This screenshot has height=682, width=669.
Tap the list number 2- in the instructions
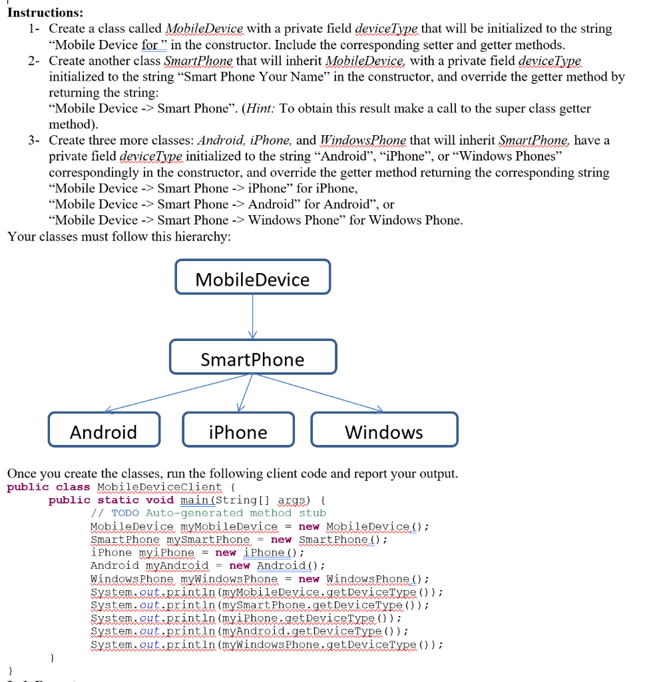click(35, 61)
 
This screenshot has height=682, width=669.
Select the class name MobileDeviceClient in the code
click(160, 487)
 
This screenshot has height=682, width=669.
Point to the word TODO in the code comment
click(124, 513)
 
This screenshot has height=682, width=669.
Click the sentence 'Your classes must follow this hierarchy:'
click(119, 236)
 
